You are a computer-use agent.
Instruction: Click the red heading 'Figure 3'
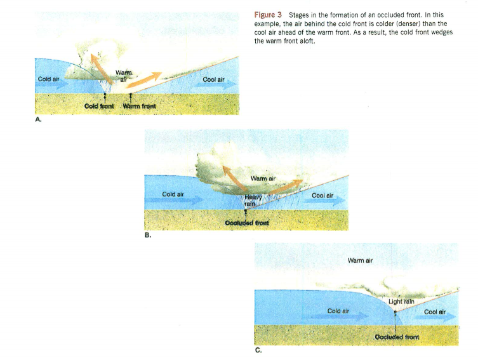[x=268, y=14]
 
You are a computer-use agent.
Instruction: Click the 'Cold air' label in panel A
[x=49, y=80]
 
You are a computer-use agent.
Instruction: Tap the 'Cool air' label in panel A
[x=213, y=80]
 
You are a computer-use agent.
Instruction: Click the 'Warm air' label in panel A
[x=124, y=76]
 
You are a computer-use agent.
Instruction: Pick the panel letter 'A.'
[x=39, y=119]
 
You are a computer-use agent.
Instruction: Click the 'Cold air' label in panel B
[x=173, y=194]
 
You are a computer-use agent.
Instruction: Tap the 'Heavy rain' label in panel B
[x=253, y=201]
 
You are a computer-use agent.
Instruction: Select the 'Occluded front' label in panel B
[x=248, y=223]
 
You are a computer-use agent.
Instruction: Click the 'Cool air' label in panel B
[x=323, y=195]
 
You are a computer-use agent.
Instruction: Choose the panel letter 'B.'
[x=149, y=236]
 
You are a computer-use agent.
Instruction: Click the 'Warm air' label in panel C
[x=360, y=260]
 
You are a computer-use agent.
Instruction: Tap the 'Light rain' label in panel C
[x=402, y=302]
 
